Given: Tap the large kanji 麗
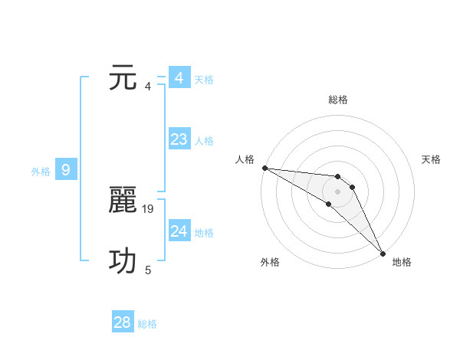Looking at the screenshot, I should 124,201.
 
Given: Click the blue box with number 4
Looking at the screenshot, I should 179,78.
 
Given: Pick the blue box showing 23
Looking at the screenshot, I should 179,139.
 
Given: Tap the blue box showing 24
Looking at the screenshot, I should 179,231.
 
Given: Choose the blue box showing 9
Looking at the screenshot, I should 66,170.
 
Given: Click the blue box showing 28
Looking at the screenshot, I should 123,322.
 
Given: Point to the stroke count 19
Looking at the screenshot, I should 149,208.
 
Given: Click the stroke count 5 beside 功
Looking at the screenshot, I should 148,270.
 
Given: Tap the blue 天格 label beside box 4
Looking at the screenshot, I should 204,80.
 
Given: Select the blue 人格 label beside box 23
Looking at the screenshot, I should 204,141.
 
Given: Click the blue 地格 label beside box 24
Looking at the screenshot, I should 204,233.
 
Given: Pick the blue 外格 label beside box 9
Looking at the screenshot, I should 41,172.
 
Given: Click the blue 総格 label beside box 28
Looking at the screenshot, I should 147,324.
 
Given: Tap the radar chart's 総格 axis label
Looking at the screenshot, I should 338,100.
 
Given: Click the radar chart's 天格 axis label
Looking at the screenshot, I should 432,159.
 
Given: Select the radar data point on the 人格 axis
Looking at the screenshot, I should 264,168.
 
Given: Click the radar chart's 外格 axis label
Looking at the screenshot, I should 270,262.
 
